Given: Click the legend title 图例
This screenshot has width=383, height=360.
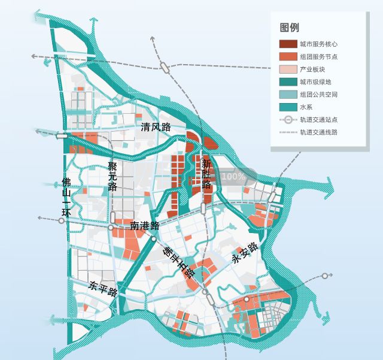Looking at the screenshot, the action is [x=290, y=28].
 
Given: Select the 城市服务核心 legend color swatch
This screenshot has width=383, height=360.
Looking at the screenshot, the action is [x=288, y=44].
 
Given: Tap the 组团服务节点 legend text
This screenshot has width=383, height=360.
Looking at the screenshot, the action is [x=318, y=57].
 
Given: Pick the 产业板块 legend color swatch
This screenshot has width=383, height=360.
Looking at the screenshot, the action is [x=288, y=69].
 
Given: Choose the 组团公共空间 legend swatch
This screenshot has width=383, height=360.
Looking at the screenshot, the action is [x=288, y=95].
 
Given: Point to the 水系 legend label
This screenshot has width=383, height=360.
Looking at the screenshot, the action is [x=306, y=107].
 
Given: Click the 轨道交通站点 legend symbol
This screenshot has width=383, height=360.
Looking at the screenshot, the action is [x=288, y=120].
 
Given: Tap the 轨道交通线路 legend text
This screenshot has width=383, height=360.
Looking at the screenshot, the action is [x=318, y=132].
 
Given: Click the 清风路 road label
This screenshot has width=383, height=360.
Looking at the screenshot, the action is [x=156, y=127].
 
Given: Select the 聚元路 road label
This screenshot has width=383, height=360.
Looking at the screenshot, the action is [x=113, y=176].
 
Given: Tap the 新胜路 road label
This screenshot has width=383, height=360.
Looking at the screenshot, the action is [x=206, y=174].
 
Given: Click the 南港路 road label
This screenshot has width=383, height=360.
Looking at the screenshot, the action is [x=145, y=226].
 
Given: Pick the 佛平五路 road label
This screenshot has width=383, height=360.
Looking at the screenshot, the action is [x=180, y=262].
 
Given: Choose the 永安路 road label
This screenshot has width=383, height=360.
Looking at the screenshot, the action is [x=245, y=253].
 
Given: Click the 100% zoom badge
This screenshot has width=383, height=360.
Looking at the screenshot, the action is [x=233, y=177].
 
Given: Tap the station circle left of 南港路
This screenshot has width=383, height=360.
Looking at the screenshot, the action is [x=111, y=228].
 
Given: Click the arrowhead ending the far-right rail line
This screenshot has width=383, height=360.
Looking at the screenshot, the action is [x=326, y=276].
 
